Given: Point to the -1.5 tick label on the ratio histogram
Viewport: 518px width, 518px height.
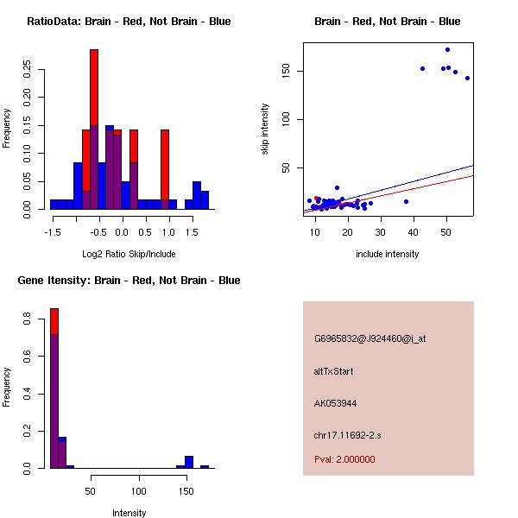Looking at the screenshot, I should coord(53,232).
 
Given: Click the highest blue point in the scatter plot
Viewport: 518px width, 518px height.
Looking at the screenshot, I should coord(447,49).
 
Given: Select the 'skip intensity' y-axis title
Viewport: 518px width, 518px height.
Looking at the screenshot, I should coord(265,129).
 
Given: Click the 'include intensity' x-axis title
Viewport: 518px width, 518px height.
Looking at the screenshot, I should coord(388,254).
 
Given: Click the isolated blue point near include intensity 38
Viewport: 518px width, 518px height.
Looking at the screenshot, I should coord(406,201).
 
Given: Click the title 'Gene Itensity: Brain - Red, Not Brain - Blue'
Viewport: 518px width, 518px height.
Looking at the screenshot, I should coord(129,280).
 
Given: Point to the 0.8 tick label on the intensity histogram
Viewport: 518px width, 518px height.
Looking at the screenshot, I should coord(28,320).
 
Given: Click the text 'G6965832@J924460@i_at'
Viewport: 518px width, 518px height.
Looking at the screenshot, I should coord(370,339).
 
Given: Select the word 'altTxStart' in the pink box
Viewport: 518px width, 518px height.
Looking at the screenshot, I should coord(334,371).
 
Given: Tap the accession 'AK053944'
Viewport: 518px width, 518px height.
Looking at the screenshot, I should coord(336,403).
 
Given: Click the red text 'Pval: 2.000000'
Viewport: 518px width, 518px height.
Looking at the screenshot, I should coord(344,459).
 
